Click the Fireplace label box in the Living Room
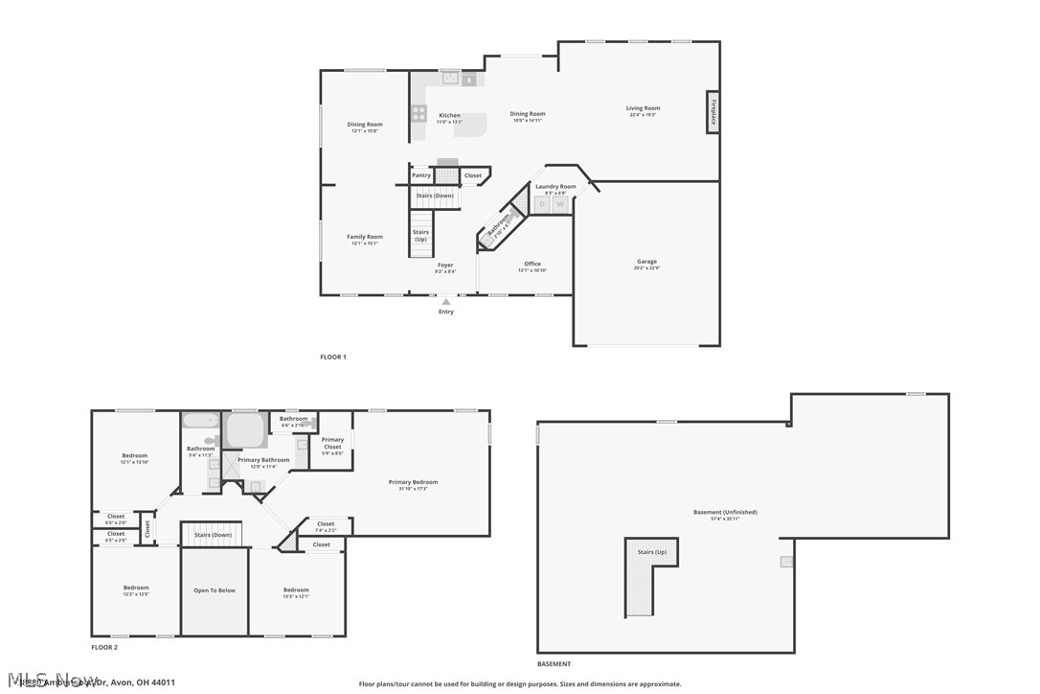point(712,112)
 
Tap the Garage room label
point(647,262)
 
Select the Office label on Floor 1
point(532,264)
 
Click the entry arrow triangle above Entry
point(446,302)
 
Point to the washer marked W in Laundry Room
point(560,204)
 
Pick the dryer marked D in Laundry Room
point(542,204)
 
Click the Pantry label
point(421,175)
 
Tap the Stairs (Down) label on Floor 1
point(436,196)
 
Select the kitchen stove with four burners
point(418,113)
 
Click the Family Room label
point(365,237)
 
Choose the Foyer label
point(445,265)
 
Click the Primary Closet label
point(332,443)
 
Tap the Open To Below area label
point(215,590)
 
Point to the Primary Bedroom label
point(413,482)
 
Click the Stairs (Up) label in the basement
point(651,552)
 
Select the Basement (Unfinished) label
point(725,512)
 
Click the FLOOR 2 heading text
point(104,648)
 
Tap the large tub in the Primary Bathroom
point(246,429)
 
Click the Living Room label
point(644,108)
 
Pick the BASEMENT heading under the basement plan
point(554,663)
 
